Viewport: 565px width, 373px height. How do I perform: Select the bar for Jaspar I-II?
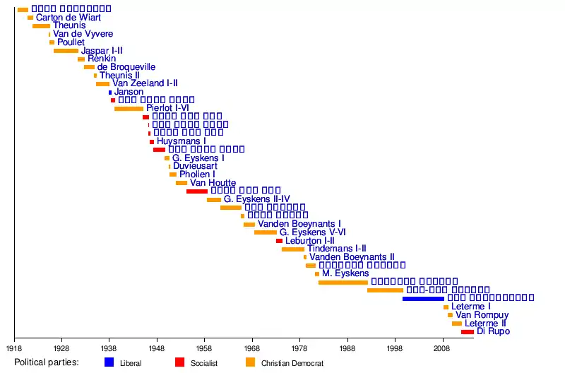tap(66, 51)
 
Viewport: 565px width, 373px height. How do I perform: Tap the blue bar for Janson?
tap(110, 93)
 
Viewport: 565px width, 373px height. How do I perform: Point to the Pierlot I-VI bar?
tap(129, 109)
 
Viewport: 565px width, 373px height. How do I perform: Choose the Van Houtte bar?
tap(182, 183)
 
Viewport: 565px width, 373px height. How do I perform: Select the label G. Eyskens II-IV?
tap(257, 199)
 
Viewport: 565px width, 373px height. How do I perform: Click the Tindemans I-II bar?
tap(292, 249)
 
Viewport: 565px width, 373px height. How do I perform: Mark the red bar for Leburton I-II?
tap(279, 241)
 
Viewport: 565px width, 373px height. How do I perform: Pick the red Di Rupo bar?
tap(468, 332)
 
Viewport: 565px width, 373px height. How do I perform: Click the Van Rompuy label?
tap(482, 315)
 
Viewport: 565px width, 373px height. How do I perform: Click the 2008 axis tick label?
tap(443, 348)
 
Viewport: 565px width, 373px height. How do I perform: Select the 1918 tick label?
tap(14, 348)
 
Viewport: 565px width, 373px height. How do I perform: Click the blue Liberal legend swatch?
tap(109, 362)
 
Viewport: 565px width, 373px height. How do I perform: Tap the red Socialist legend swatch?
tap(180, 362)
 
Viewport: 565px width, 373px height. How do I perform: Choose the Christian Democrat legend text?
tap(292, 363)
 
